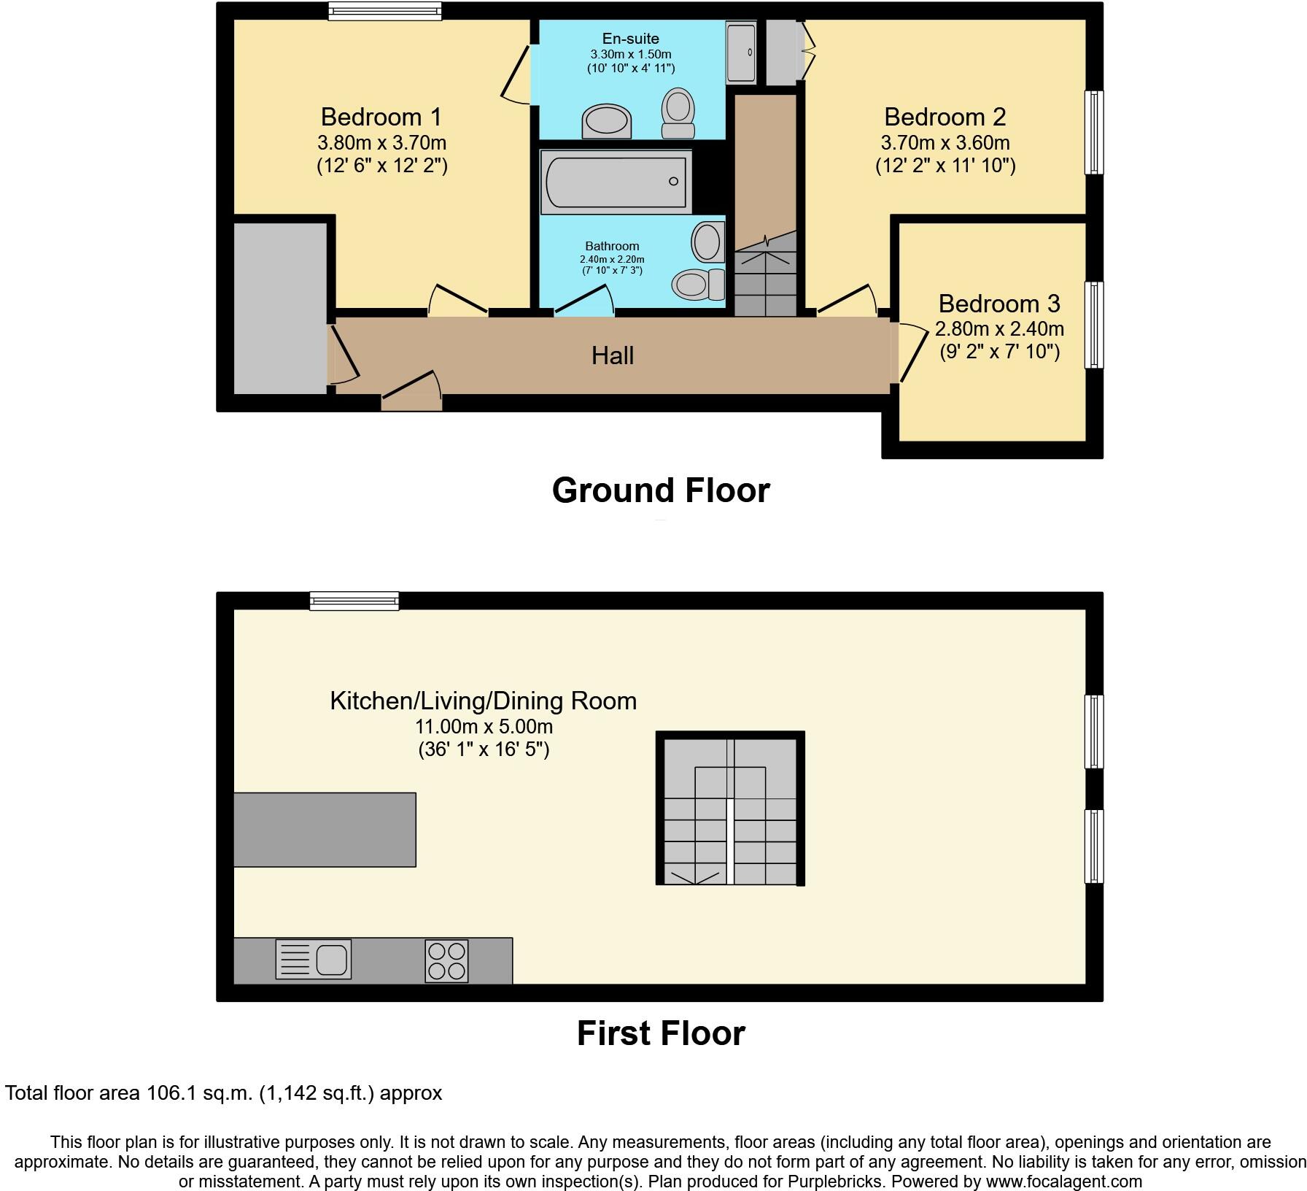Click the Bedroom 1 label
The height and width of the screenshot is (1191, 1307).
click(381, 117)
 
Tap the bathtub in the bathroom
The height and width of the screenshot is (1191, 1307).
click(615, 181)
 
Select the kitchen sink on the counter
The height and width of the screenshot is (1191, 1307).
click(314, 959)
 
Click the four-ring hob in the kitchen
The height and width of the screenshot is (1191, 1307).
click(446, 961)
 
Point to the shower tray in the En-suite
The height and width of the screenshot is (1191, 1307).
click(741, 53)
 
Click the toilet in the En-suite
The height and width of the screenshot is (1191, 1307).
click(678, 114)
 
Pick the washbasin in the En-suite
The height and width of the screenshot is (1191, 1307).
click(606, 121)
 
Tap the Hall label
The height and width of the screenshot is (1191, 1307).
click(612, 355)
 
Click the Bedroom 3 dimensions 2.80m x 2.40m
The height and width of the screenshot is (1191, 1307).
click(999, 329)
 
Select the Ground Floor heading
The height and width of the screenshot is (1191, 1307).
click(660, 490)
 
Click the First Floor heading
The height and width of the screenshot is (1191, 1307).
click(660, 1033)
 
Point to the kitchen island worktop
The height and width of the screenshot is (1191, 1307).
click(325, 830)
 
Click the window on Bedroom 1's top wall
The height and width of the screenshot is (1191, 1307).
click(384, 10)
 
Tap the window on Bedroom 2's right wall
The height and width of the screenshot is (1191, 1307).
click(1093, 132)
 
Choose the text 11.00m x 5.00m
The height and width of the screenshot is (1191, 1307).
click(484, 727)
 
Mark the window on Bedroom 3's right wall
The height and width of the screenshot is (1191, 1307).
click(1093, 325)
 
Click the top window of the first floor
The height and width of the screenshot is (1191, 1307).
click(354, 601)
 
